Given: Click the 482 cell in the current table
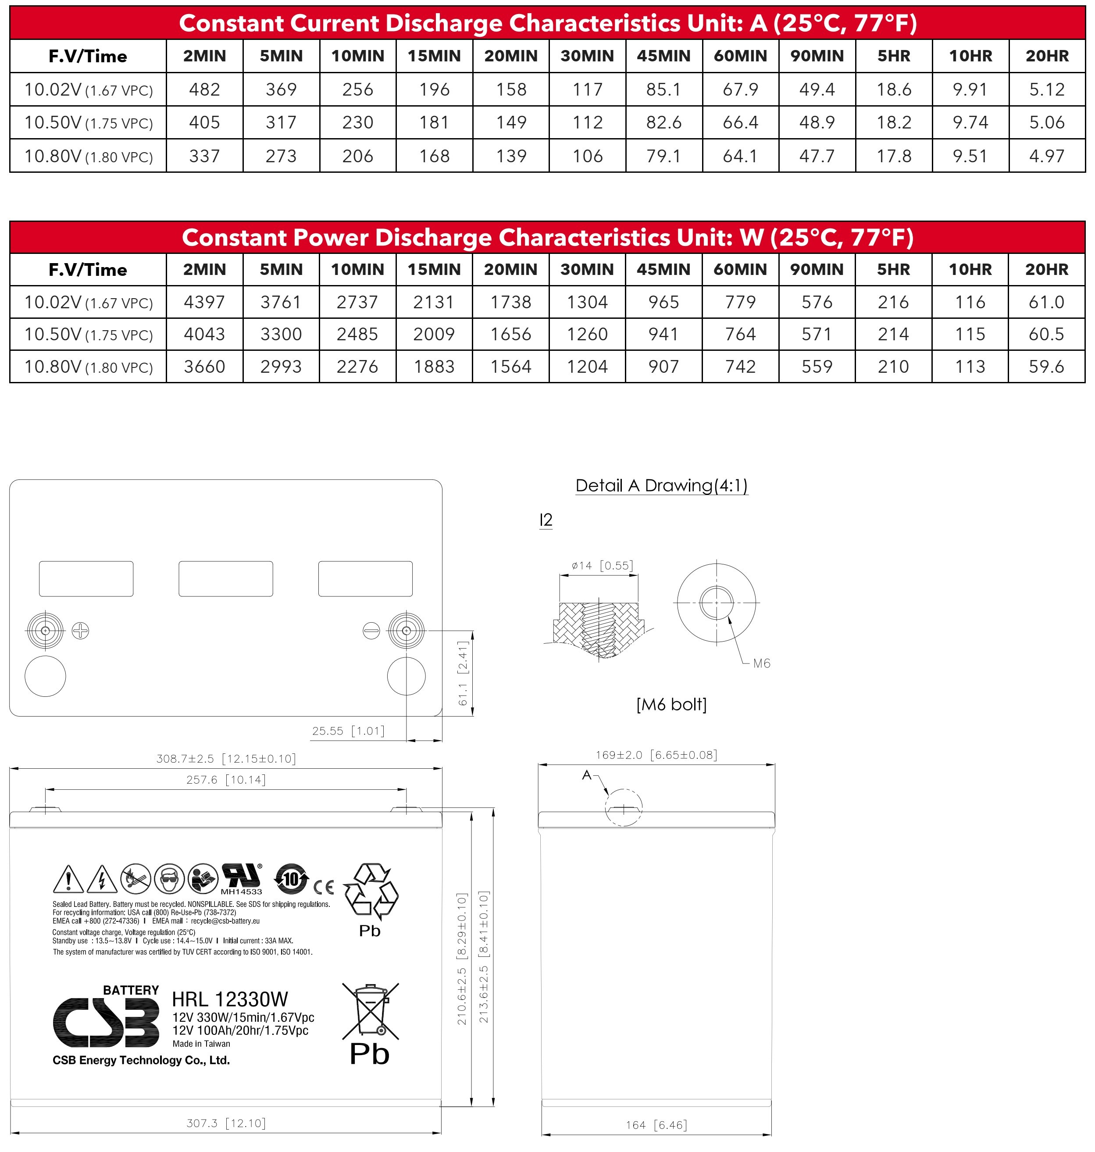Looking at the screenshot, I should coord(204,89).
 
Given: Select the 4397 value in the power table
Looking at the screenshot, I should coord(204,302).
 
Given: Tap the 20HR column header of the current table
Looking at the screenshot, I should coord(1047,56).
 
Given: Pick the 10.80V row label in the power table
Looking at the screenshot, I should coord(88,367).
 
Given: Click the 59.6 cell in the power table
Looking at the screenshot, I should coord(1046,367).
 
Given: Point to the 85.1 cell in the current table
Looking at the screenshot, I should coord(663,89).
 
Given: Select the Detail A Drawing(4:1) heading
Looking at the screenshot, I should coord(661,485).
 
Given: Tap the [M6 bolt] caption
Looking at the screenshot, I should coord(671,704).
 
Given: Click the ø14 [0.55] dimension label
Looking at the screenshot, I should coord(602,566).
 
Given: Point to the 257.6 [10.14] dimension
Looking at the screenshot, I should coord(226,780).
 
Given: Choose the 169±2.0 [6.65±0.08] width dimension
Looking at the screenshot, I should coord(656,755).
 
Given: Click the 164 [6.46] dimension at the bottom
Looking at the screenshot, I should coord(656,1124).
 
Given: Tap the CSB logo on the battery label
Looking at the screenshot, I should coord(106,1022).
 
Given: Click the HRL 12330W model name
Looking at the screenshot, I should coord(230,999).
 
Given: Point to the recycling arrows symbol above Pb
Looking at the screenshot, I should coord(371,889).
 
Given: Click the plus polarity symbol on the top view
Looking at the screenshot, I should coord(81,631).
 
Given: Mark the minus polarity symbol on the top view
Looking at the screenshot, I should coord(371,631).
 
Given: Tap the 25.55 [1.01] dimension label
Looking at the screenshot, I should coord(348,731).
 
